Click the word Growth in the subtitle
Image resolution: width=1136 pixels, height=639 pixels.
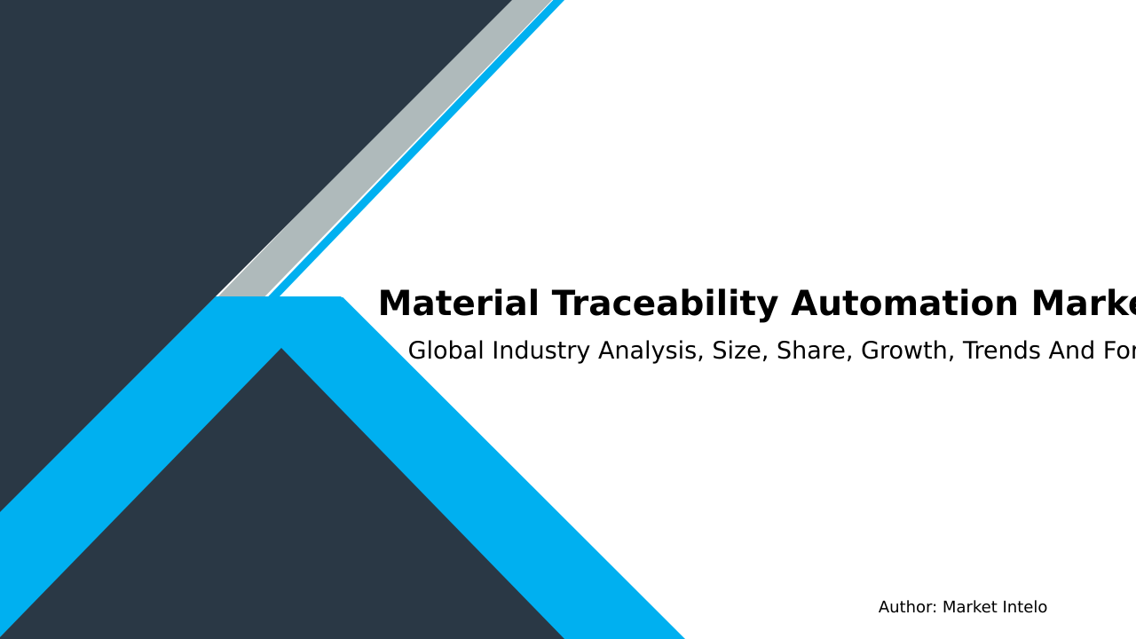(x=907, y=351)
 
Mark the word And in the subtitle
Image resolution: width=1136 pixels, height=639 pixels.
(x=1072, y=351)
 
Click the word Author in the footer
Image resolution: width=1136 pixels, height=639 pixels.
(x=905, y=608)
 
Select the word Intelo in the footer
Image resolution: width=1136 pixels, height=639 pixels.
(x=1022, y=608)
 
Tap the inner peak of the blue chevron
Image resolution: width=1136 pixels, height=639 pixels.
(x=281, y=350)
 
